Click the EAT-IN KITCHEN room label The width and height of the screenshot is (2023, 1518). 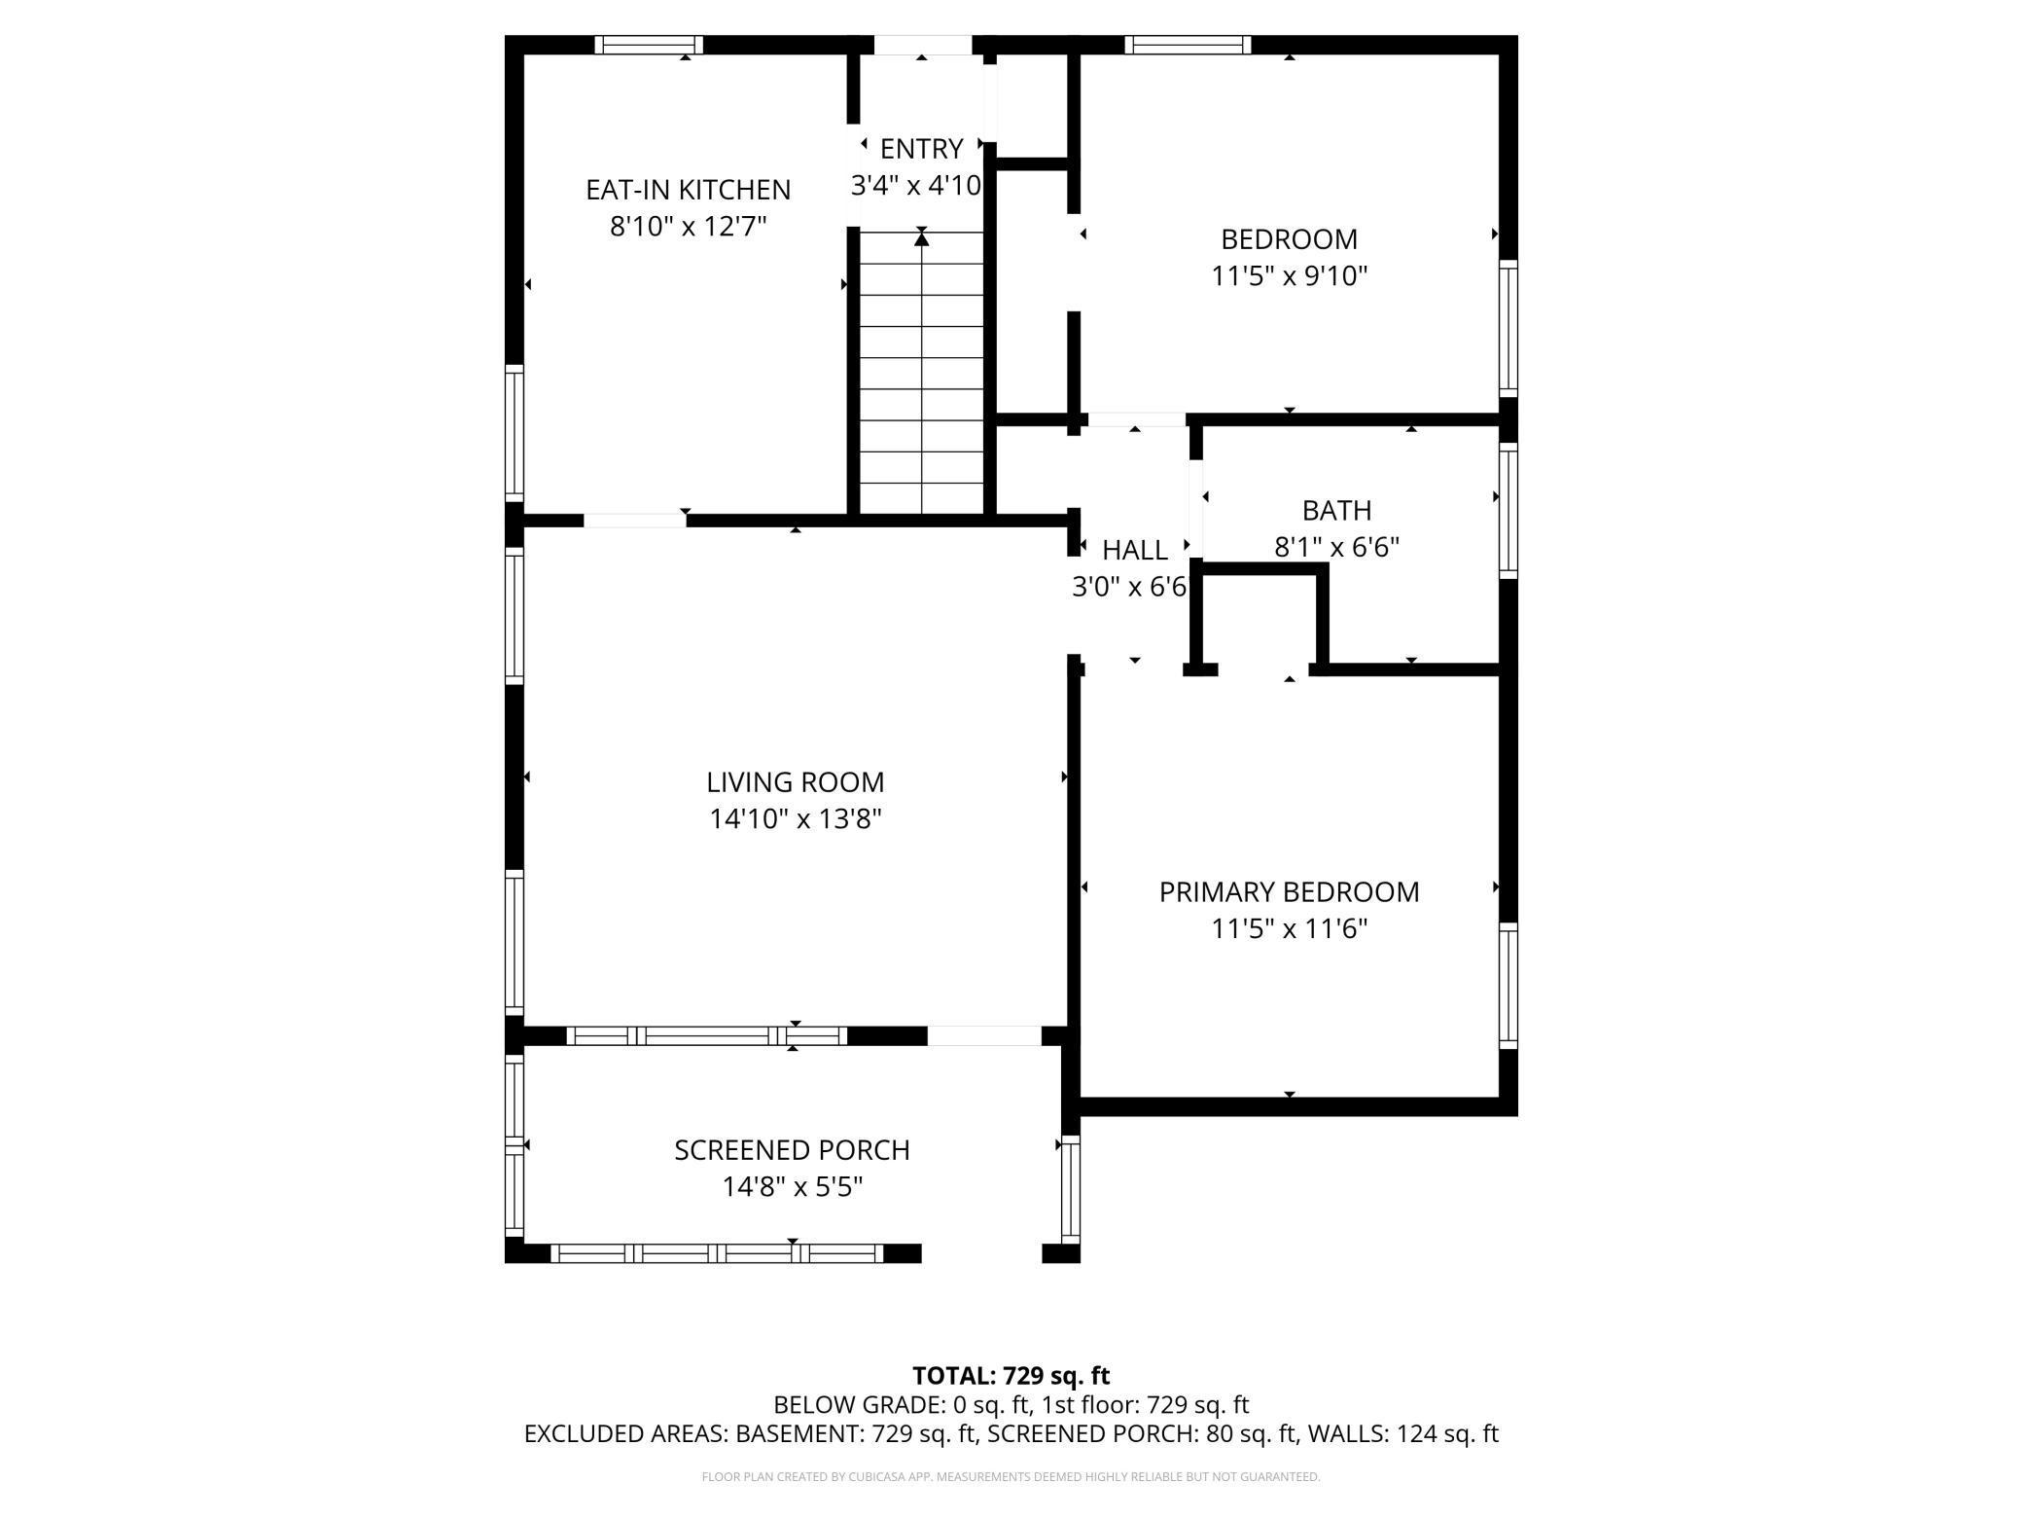click(688, 189)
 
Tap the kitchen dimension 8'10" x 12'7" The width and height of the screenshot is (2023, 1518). click(688, 227)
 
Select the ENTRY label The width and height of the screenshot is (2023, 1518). click(920, 149)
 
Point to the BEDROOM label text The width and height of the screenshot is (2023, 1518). click(1289, 239)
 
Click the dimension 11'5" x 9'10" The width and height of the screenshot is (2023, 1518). click(1289, 276)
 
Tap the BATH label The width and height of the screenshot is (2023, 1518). click(1336, 510)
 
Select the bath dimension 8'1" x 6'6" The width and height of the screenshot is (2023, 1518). click(1336, 547)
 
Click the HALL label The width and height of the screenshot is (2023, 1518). click(1134, 551)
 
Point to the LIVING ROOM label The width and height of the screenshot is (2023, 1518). click(795, 782)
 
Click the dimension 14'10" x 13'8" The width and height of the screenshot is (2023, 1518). click(795, 819)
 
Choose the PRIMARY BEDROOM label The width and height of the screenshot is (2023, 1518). click(1289, 892)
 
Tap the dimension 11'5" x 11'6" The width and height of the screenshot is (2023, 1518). click(1289, 929)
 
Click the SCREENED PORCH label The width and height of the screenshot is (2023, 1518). click(792, 1150)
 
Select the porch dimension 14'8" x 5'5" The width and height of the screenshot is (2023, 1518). click(792, 1187)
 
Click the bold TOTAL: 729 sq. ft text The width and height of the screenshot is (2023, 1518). click(1011, 1376)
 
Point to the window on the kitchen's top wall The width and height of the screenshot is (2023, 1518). click(649, 45)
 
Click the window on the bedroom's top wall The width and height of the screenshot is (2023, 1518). click(1188, 45)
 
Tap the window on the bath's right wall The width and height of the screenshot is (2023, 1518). click(1508, 510)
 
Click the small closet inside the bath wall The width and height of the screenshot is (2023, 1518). click(1260, 621)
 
